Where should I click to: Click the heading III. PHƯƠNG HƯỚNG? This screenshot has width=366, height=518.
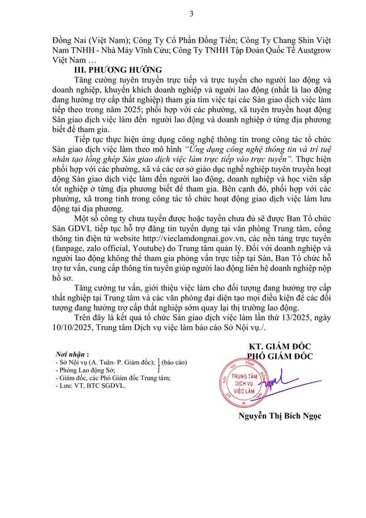click(x=113, y=69)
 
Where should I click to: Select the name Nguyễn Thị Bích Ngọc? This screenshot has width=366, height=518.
click(x=280, y=416)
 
